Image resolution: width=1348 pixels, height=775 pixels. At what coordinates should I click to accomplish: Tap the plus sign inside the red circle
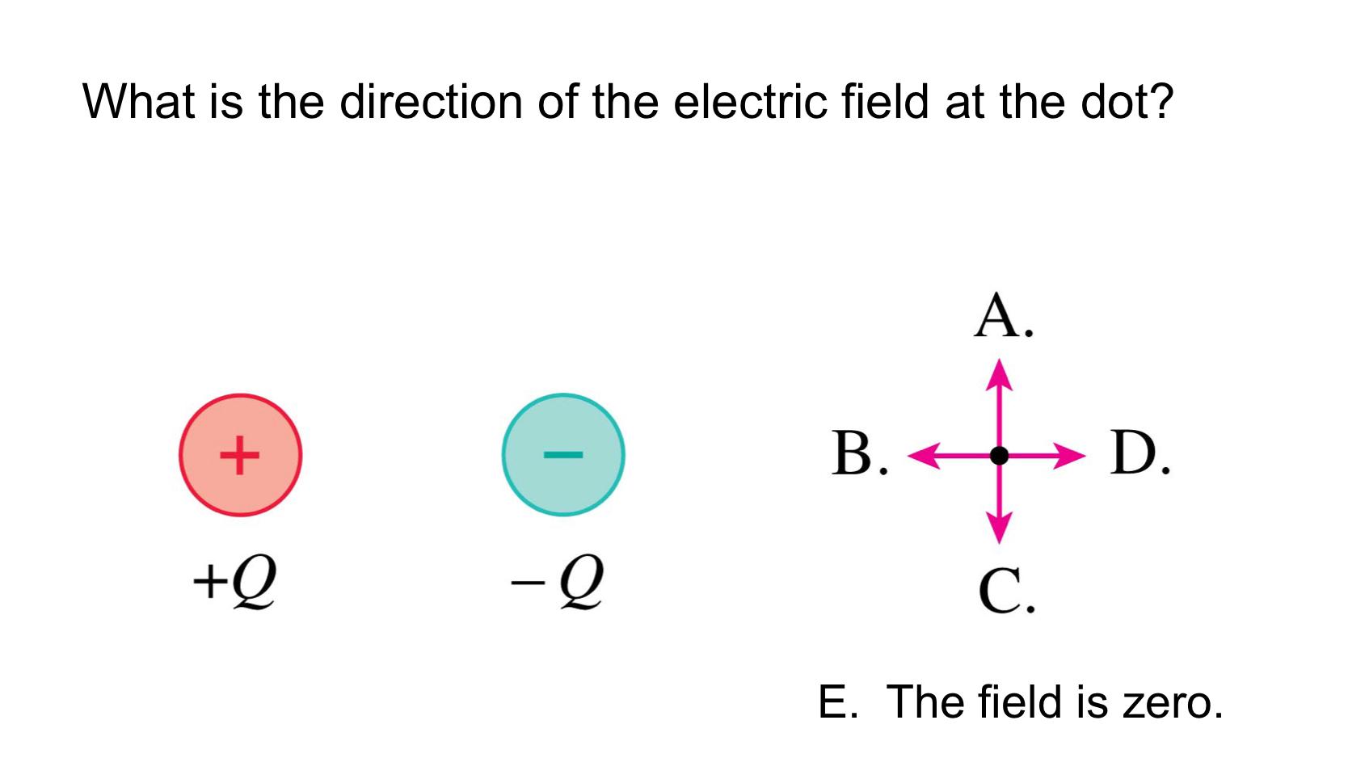(x=240, y=455)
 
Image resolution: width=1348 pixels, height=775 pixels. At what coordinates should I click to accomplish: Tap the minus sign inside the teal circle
(x=563, y=455)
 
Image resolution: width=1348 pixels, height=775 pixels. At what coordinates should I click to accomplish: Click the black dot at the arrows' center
(x=1000, y=456)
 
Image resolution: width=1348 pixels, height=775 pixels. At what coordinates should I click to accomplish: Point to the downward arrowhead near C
(x=1000, y=530)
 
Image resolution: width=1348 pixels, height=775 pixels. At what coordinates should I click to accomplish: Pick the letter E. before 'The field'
(x=836, y=701)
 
